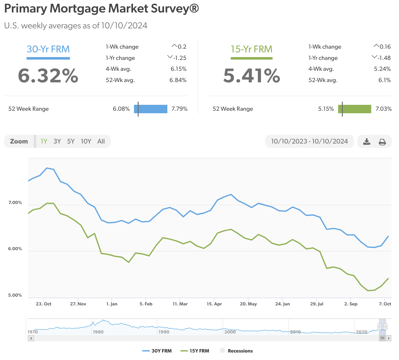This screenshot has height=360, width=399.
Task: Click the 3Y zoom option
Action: coord(57,141)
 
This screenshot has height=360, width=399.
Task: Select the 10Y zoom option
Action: coord(86,141)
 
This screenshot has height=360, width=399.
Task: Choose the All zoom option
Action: coord(101,141)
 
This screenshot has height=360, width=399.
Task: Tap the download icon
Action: coord(367,142)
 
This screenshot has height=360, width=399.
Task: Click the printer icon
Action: coord(382,142)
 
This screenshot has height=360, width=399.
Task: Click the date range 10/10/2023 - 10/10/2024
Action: coord(309,141)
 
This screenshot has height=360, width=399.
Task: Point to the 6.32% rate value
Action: coord(48,76)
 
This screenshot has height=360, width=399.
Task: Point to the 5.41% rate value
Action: coord(252,76)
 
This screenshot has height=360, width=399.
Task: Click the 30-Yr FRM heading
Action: coord(48,49)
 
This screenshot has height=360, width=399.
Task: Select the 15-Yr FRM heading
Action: coord(251,49)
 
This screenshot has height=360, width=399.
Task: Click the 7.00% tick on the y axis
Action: coord(15,203)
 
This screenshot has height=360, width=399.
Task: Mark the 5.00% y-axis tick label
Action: coord(15,295)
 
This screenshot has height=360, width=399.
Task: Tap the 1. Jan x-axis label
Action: coord(112,304)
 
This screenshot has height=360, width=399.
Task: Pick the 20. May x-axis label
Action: coord(248,304)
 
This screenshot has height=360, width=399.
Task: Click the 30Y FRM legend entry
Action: coord(157,351)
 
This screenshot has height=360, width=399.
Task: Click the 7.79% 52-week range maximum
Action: coord(179,109)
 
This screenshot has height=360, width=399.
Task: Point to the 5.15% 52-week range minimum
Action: coord(326,109)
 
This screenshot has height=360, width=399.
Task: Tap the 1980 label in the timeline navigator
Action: coord(98,332)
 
